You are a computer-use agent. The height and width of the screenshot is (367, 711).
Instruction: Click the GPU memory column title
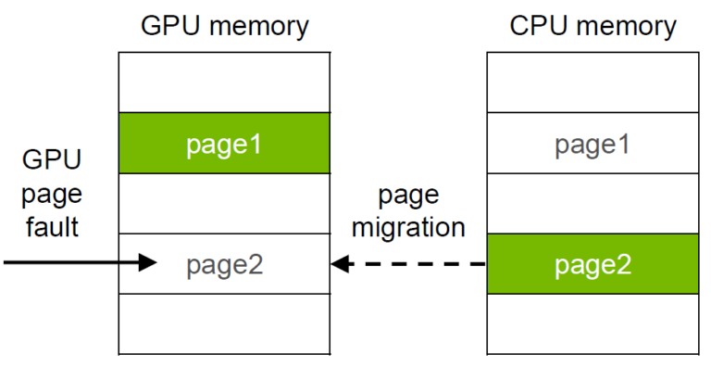point(224,26)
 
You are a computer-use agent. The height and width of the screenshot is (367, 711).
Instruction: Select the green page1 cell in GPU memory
point(224,143)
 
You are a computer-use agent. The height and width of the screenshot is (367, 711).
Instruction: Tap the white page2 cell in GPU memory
point(224,264)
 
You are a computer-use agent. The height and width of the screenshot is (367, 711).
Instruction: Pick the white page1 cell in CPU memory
point(592,144)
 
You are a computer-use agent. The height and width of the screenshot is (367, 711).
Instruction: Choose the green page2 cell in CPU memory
point(592,264)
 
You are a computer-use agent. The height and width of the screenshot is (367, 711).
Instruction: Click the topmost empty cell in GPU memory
point(224,82)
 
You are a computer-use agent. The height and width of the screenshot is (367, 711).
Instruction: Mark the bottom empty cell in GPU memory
point(224,323)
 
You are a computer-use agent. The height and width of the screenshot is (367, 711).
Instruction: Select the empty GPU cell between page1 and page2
point(224,203)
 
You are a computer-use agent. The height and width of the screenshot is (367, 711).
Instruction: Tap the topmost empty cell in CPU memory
point(592,82)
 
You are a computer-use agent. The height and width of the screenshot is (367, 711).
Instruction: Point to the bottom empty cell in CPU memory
point(592,323)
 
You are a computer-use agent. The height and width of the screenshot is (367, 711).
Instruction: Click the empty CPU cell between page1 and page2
point(592,203)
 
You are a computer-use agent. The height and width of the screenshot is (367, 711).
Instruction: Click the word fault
point(52,226)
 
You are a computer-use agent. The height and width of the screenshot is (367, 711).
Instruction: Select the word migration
point(408,227)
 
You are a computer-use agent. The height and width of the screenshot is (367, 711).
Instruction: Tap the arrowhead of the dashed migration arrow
point(341,264)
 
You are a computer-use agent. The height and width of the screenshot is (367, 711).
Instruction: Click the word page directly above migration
point(408,196)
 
